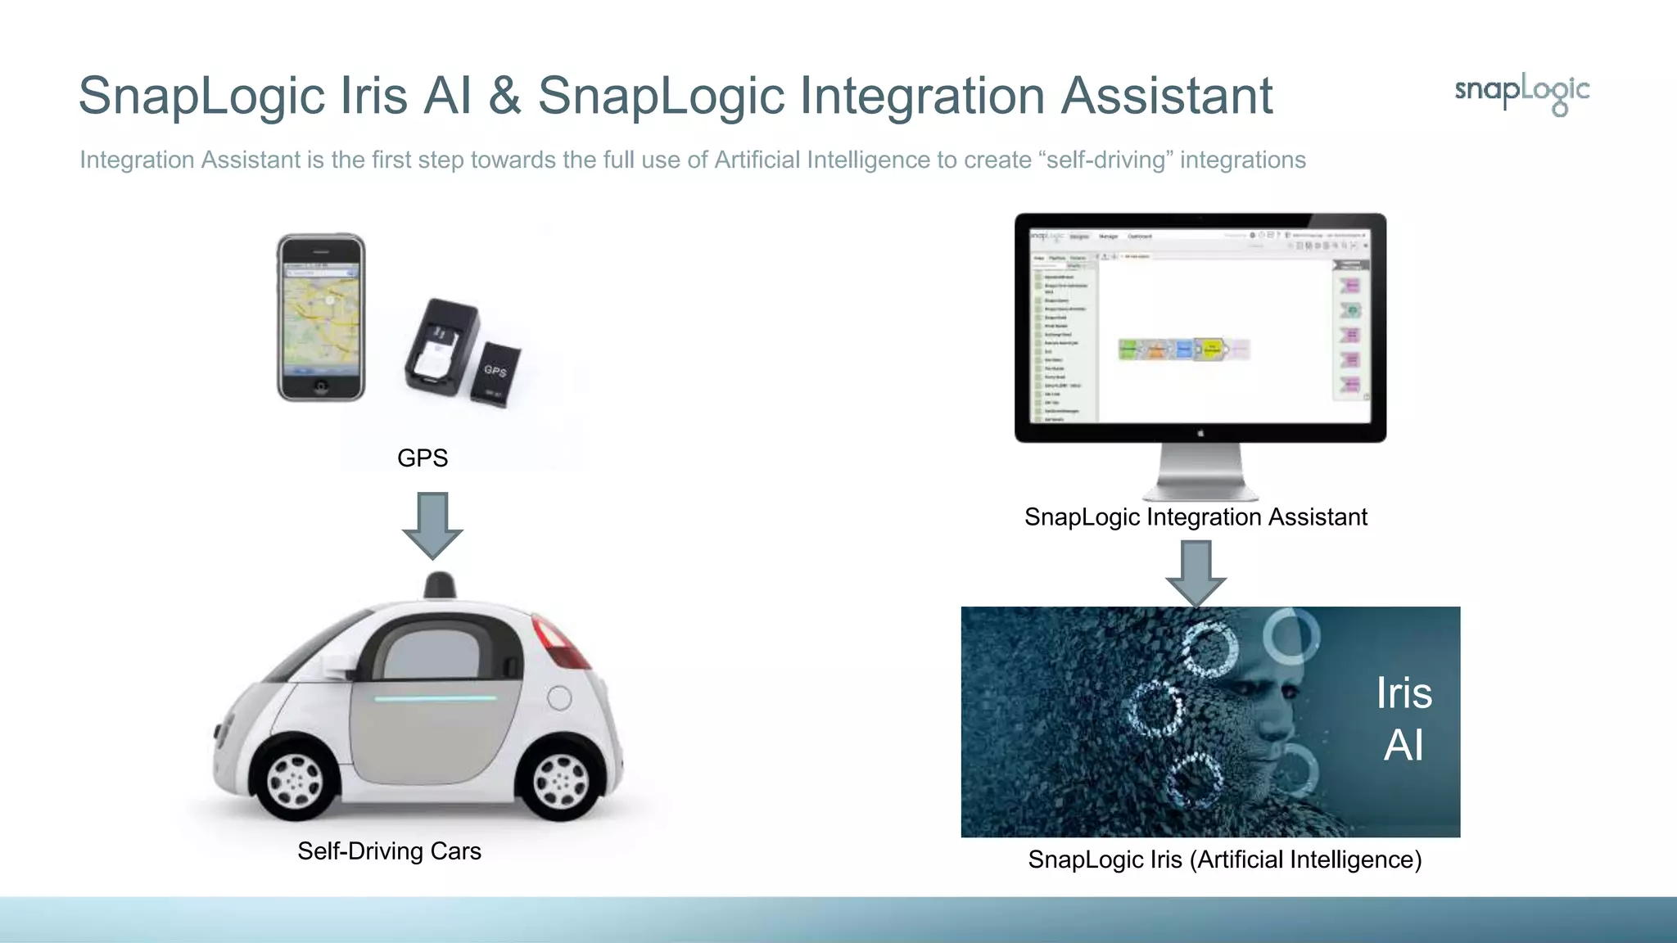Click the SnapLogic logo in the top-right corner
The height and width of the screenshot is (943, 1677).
[1521, 92]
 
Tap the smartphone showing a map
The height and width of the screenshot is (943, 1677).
[321, 318]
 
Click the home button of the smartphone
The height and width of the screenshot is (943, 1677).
[321, 385]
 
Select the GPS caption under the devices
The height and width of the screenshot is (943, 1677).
[423, 458]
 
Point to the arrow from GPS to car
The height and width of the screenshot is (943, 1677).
[432, 525]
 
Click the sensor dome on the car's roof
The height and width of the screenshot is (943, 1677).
[440, 585]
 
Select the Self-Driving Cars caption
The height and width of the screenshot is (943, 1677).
[389, 851]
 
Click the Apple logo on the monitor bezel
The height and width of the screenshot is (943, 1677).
[1200, 433]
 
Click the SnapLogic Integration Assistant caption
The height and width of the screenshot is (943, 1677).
[1196, 517]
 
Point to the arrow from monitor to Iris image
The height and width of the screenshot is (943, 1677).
[1196, 573]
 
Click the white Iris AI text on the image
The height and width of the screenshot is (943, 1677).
[1404, 720]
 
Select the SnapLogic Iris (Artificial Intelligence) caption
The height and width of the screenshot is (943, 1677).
[1224, 860]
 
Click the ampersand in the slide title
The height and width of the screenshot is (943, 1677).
[504, 96]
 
